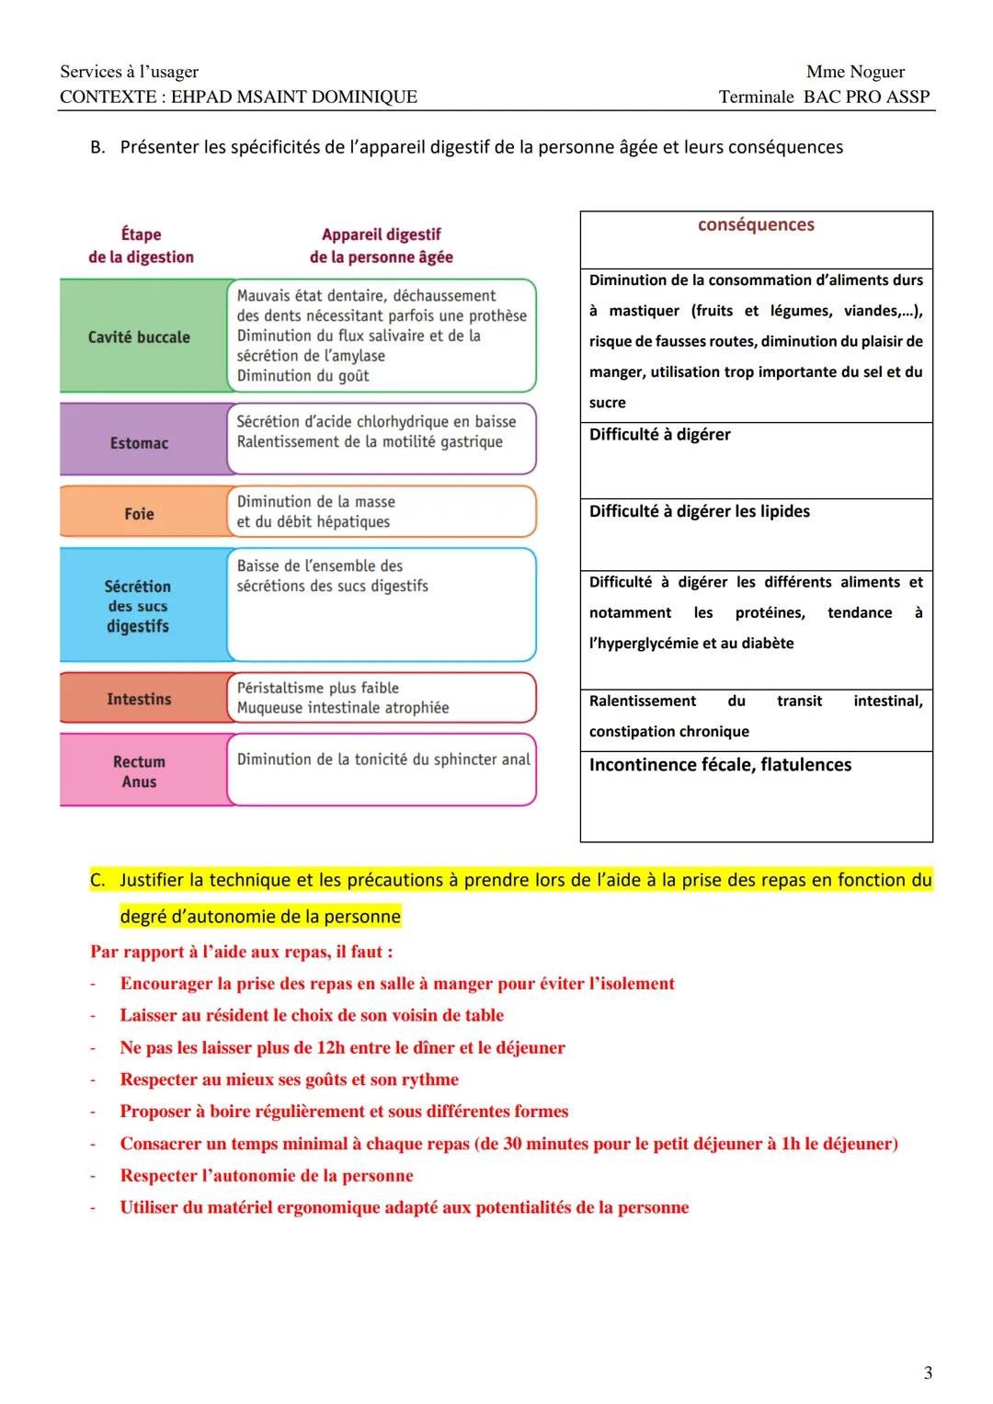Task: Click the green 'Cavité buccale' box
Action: (140, 337)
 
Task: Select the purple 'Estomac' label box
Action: (140, 443)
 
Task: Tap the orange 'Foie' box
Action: (140, 514)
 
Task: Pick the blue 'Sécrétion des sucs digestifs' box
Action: (138, 606)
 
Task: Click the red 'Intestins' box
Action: (140, 699)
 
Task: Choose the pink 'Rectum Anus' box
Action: (140, 771)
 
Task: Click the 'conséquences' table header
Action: (756, 225)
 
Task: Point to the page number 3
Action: (928, 1373)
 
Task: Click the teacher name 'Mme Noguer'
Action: (855, 72)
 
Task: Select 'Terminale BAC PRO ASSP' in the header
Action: (824, 97)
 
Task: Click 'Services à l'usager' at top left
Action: (129, 72)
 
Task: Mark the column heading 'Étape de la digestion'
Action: (141, 245)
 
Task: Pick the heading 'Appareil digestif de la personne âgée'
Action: (381, 245)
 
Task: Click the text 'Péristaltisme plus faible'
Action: (318, 688)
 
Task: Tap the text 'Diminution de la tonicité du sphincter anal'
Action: (383, 759)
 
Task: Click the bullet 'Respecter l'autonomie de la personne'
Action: (267, 1175)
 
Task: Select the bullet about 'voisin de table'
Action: (312, 1015)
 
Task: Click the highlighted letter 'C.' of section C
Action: (97, 880)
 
